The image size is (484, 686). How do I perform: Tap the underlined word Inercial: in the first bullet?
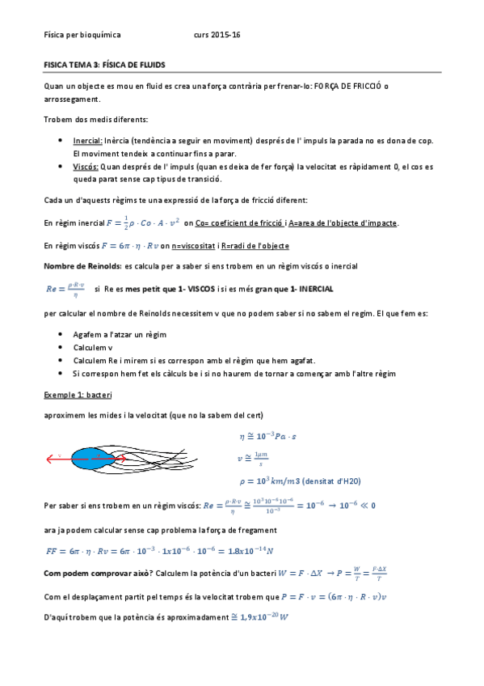[87, 140]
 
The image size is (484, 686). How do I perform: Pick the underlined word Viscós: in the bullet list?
[86, 166]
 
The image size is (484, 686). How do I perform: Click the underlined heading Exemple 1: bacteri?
[78, 395]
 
